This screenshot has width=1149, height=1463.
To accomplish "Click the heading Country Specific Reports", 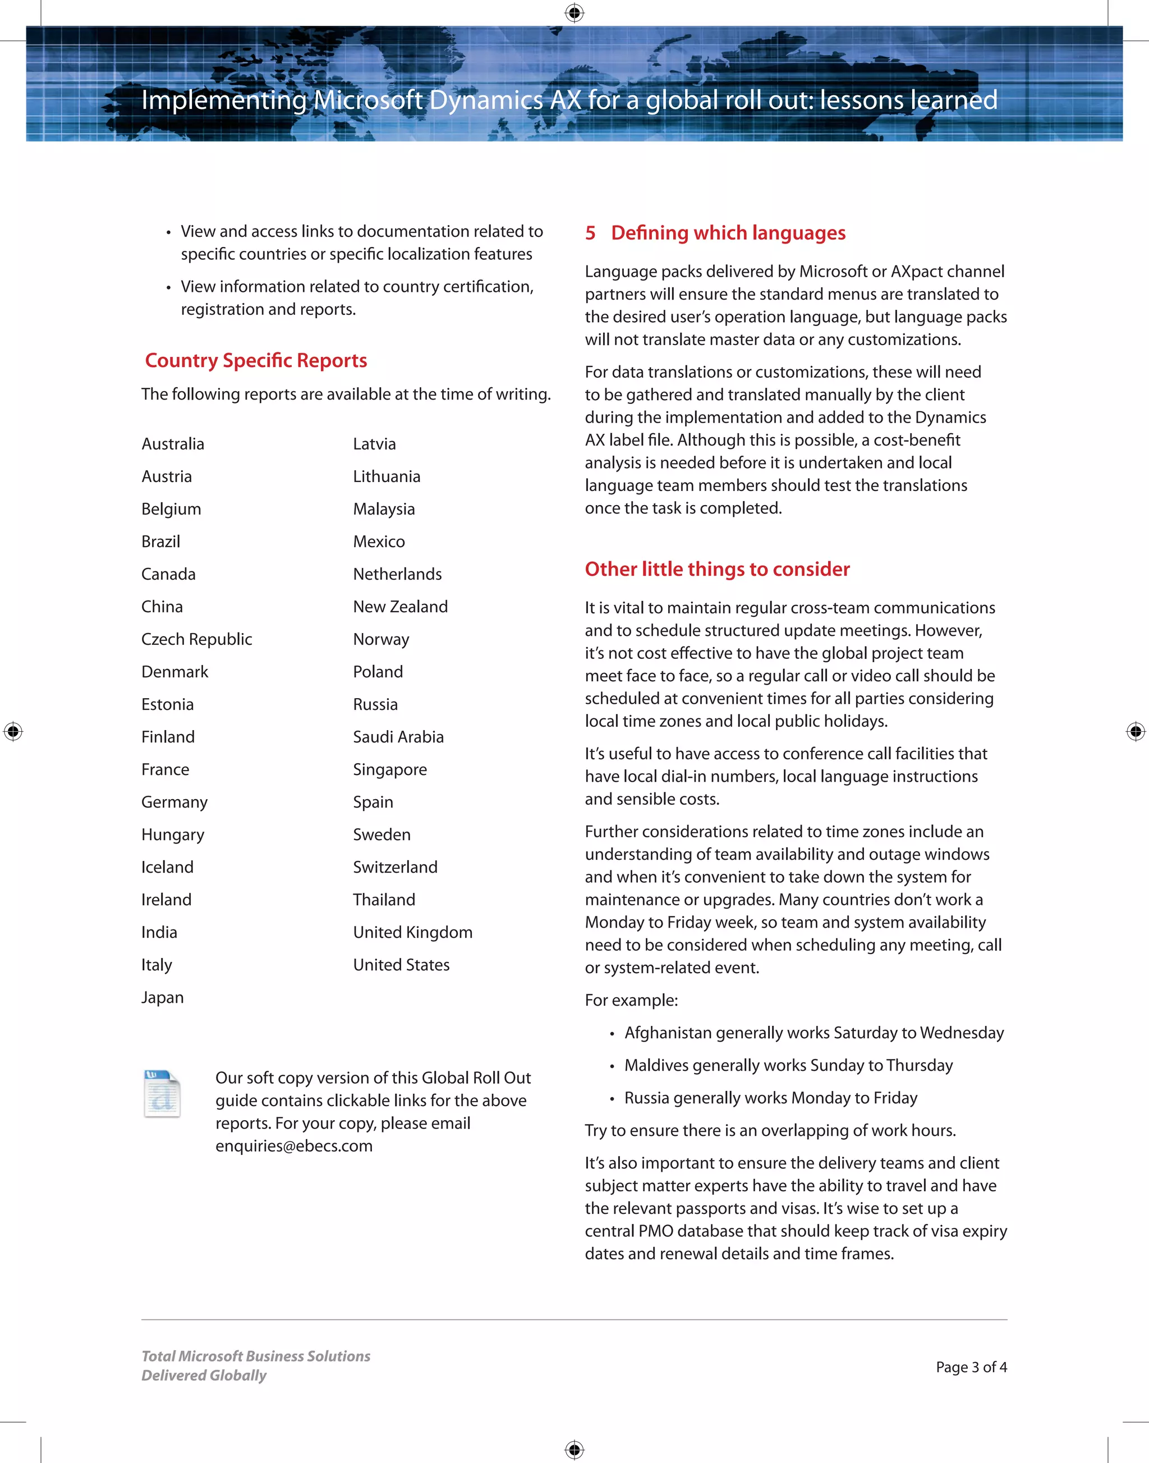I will [x=256, y=361].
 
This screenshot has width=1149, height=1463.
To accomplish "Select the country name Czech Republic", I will [x=196, y=639].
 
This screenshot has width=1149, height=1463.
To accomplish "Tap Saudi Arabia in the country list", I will [x=398, y=737].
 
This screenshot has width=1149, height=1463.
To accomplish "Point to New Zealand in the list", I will [x=400, y=607].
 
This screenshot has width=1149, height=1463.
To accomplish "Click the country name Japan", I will [x=162, y=997].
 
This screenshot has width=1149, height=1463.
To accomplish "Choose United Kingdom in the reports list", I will [x=412, y=933].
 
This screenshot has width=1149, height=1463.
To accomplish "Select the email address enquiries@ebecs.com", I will [x=294, y=1146].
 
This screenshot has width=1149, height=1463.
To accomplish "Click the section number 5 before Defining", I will [x=590, y=233].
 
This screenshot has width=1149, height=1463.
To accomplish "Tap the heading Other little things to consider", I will [x=716, y=569].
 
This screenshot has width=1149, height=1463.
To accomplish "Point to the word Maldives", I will [x=656, y=1065].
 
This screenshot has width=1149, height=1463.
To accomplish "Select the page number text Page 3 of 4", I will [x=971, y=1367].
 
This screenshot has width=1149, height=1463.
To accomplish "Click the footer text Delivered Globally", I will [x=204, y=1375].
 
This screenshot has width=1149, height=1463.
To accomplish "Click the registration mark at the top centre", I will [x=574, y=13].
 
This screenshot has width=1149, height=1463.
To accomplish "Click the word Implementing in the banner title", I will [x=223, y=100].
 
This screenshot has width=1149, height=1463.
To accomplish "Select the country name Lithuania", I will [x=386, y=476].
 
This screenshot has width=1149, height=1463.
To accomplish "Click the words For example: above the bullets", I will [x=631, y=1000].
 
